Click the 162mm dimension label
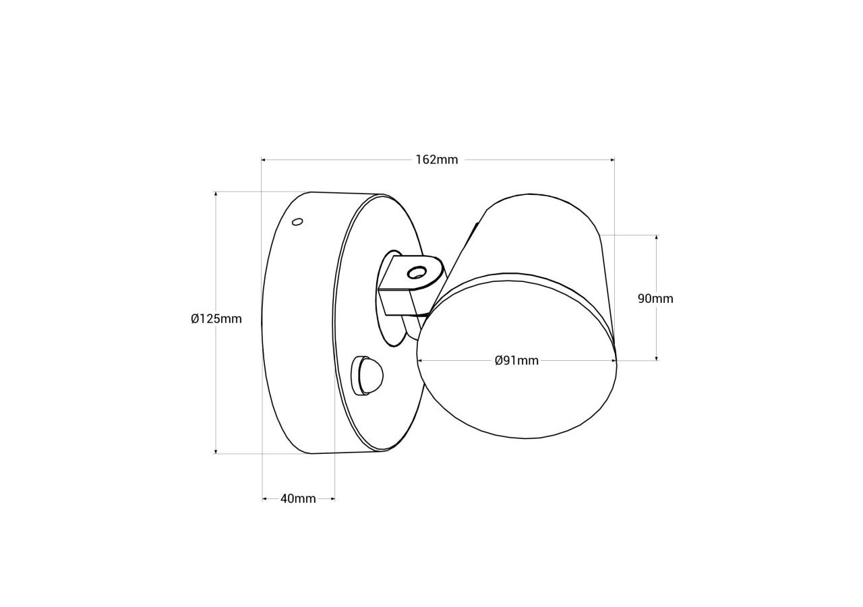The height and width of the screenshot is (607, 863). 436,160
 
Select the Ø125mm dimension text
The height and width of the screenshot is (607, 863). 216,319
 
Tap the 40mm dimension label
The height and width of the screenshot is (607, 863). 298,499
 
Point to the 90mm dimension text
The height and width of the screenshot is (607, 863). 655,299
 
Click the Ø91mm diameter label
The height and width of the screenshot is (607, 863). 516,361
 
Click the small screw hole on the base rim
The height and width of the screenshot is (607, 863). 297,221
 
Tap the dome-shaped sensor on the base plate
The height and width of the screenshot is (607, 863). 369,375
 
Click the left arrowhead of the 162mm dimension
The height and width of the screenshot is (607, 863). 264,160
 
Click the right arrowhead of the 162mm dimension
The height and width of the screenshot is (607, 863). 612,160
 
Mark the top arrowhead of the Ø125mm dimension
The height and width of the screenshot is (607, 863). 216,194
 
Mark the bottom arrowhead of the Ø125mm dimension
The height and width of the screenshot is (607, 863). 216,451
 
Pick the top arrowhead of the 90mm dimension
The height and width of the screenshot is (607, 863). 656,238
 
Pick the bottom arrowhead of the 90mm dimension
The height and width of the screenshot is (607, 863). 656,358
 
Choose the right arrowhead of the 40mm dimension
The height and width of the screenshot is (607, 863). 332,499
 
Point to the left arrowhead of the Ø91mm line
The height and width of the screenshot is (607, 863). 420,361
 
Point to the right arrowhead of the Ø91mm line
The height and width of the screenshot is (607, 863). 614,361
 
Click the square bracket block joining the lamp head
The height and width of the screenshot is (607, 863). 395,301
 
